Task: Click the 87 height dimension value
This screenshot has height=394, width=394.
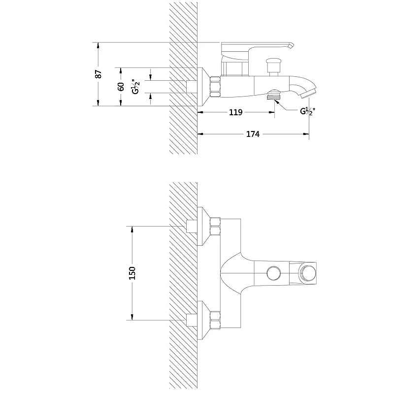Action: pos(98,74)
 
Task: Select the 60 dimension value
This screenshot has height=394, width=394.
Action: pos(121,87)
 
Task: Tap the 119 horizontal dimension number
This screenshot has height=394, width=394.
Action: pos(236,112)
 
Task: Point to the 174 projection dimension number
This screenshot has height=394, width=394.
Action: pos(253,134)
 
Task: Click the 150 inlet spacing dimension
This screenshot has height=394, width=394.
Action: pos(132,273)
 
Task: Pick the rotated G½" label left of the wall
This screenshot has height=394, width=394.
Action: pos(136,87)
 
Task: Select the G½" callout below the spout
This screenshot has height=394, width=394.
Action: pos(307,111)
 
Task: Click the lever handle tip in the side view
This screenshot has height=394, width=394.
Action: pos(291,45)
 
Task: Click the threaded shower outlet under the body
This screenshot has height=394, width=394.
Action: pos(274,95)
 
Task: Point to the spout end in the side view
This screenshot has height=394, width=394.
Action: pos(309,93)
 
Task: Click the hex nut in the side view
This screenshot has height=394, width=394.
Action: pos(215,87)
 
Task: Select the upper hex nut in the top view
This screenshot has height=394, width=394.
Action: pos(215,227)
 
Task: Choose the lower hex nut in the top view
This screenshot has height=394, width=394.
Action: pos(215,320)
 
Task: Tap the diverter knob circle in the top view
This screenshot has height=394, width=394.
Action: pos(274,273)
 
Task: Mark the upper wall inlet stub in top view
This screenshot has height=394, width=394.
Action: pos(192,227)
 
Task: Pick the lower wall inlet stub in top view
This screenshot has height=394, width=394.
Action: pos(192,320)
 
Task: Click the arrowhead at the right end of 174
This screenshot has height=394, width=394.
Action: pos(306,134)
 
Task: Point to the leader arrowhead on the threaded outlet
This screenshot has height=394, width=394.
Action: pos(277,101)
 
